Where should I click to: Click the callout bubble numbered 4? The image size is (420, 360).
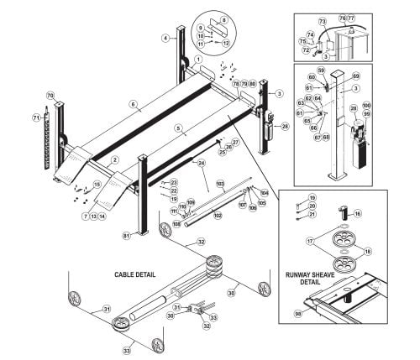tap(166, 38)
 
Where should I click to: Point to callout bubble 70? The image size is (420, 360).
tap(50, 96)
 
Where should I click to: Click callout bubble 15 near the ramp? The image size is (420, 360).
tap(97, 184)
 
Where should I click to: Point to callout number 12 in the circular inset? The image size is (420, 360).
tap(225, 42)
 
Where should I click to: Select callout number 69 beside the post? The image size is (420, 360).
tap(379, 76)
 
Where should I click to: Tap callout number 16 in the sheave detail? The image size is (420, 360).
tap(357, 214)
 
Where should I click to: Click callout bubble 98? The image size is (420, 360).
tap(298, 314)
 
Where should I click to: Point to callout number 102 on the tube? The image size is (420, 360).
tap(217, 216)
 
